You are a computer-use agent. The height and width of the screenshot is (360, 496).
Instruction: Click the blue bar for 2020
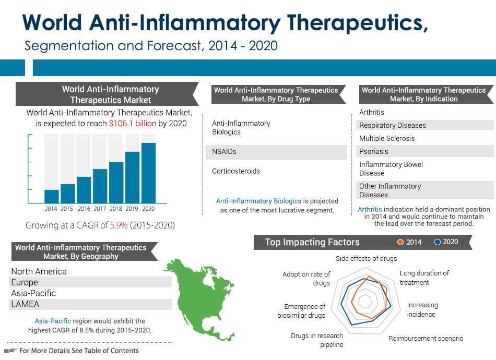pos(148,173)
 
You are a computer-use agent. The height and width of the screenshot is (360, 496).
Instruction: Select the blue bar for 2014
pos(51,196)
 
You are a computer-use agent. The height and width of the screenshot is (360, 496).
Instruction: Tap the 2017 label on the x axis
pos(99,209)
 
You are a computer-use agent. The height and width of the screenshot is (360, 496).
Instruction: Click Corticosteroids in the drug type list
pos(235,171)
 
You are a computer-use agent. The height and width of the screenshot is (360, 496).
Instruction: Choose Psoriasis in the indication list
pos(373,151)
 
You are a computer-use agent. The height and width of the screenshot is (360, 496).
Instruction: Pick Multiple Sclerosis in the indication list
pos(386,138)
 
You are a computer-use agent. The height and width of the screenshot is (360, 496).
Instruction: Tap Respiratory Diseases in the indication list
pos(392,125)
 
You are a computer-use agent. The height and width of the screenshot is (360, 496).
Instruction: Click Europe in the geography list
pos(25,282)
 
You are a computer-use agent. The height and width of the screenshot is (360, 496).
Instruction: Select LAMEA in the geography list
pos(25,304)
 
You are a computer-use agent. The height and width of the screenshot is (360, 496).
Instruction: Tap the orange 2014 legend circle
pos(400,242)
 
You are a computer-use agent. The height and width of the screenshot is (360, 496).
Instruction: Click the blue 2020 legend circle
pos(438,242)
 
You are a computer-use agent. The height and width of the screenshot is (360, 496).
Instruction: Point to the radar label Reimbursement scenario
pos(425,338)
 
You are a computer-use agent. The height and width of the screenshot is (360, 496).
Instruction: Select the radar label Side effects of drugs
pos(366,258)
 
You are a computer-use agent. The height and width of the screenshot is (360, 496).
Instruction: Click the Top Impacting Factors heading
pos(312,242)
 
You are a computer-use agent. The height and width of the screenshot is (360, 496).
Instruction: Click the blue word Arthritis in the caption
pos(370,209)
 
